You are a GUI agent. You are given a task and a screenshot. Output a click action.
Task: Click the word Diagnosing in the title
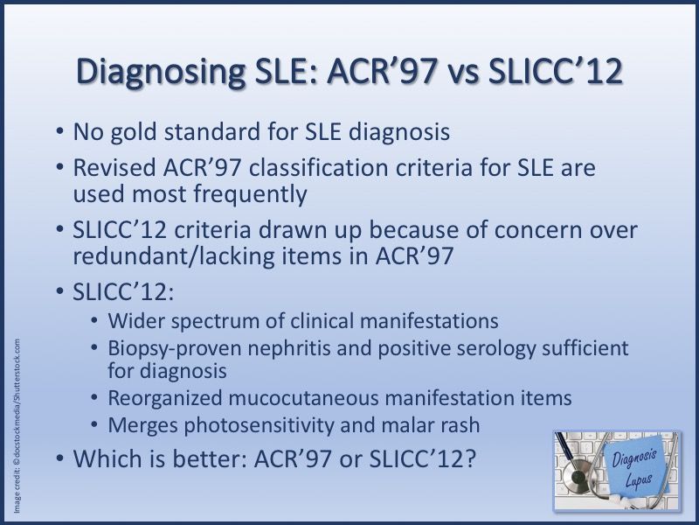coord(161,72)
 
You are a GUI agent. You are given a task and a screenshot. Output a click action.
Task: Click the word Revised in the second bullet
coord(114,168)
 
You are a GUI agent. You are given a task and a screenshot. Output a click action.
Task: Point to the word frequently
coord(250,194)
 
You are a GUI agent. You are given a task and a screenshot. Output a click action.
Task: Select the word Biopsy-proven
coord(174,349)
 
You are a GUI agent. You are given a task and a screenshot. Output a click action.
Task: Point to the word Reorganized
coord(164,398)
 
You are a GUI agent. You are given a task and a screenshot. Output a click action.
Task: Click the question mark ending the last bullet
coord(470,458)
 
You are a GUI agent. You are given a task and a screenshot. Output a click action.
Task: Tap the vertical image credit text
coord(17,425)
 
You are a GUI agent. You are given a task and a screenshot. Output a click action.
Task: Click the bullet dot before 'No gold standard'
coord(59,132)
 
